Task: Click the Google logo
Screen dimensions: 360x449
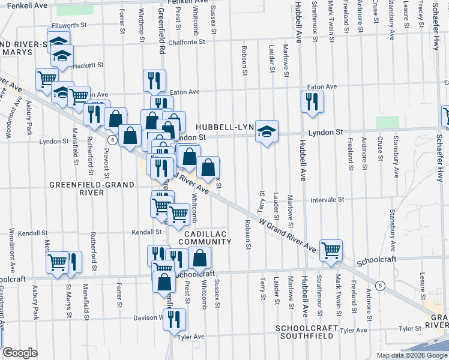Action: (x=20, y=353)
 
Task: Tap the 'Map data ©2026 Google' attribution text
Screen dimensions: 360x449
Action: (x=411, y=355)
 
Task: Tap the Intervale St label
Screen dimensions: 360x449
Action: (x=327, y=199)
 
